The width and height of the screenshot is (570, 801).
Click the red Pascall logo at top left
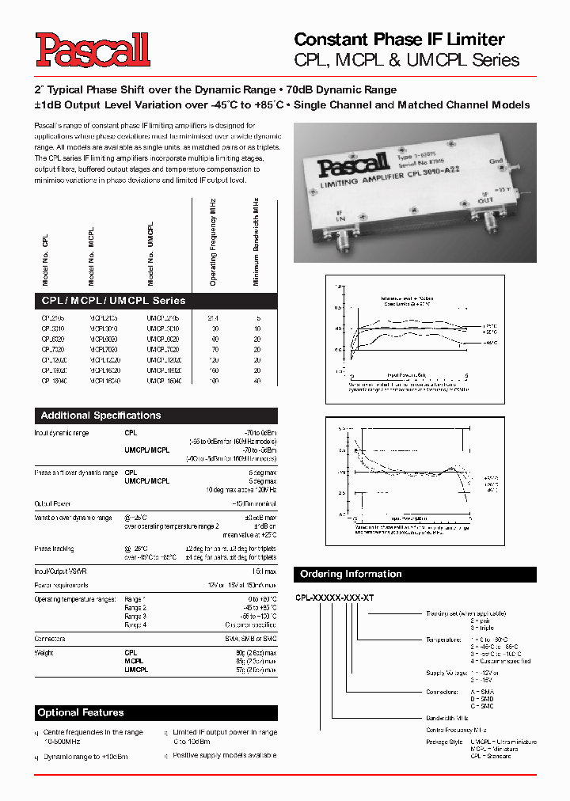92,49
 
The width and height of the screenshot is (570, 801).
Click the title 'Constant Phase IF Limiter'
399,40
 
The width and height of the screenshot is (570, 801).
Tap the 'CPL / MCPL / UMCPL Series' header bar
113,301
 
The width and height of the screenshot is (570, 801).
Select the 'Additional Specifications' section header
101,416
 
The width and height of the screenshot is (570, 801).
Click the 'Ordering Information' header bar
349,574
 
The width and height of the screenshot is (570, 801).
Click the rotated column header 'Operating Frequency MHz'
213,242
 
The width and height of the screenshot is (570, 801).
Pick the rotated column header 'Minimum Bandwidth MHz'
256,242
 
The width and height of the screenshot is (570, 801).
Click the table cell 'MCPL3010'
104,328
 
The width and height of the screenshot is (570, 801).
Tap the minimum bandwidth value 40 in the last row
256,381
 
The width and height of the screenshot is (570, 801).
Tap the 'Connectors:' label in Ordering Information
443,691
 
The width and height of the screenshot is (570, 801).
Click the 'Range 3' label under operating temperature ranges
135,616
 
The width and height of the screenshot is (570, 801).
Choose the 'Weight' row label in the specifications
44,653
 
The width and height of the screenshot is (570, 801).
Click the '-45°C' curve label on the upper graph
490,343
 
